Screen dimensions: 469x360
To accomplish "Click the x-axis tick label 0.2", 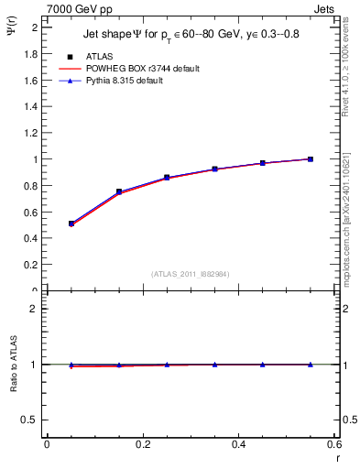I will coord(142,444).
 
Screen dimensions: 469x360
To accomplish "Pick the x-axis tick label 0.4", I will coord(239,444).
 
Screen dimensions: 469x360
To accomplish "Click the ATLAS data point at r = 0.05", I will coord(71,224).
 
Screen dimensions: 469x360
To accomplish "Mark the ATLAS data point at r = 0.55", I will coord(311,159).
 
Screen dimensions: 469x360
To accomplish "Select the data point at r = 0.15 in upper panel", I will coord(119,191).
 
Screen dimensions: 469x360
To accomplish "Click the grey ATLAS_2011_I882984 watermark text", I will coord(191,273).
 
